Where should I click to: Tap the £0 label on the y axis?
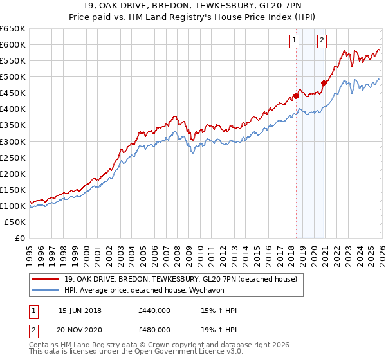point(19,238)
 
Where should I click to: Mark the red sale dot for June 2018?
point(296,96)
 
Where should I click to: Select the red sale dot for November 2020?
point(324,82)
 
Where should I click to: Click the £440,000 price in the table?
point(154,310)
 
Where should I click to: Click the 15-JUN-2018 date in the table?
point(80,310)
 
